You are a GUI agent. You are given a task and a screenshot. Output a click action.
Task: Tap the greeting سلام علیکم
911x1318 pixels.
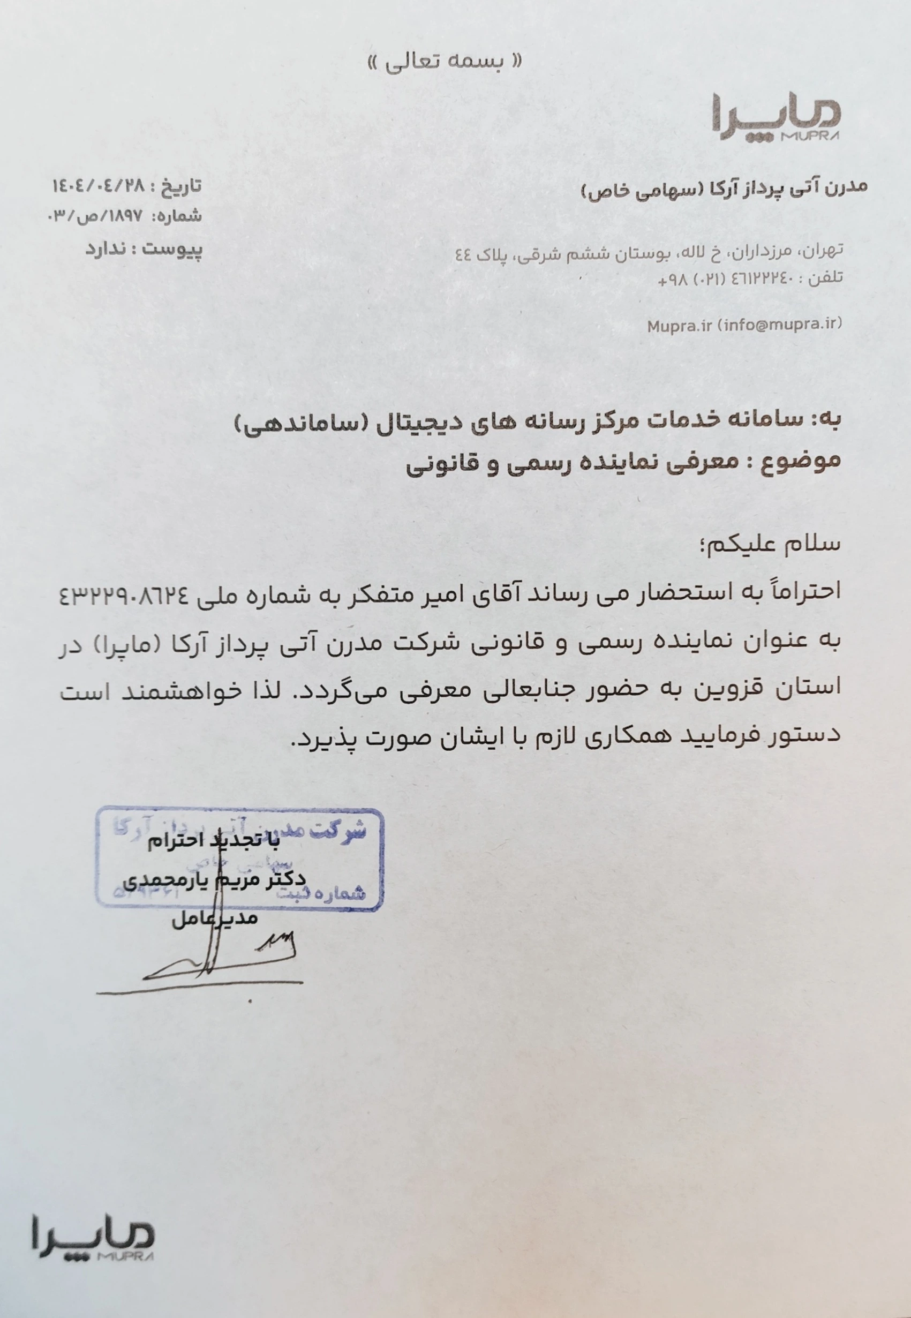click(774, 543)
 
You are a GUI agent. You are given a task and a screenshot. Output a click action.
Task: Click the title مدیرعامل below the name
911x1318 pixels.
click(215, 918)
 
